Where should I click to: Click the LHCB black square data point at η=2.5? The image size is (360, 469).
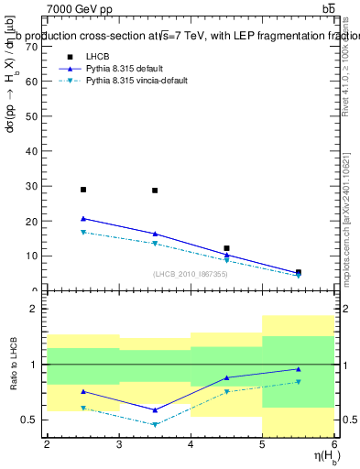83,190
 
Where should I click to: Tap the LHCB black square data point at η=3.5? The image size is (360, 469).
155,191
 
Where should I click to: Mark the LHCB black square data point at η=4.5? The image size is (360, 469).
226,248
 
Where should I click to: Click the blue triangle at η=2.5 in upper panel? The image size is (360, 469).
83,219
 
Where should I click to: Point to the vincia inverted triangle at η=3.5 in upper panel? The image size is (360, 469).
155,244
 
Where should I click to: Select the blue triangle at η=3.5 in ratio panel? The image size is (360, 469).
155,409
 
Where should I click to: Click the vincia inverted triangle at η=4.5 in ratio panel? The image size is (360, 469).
226,392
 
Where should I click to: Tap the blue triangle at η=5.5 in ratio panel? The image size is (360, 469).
298,369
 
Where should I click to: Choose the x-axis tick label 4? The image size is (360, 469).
191,444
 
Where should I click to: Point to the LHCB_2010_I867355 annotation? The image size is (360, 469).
190,273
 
